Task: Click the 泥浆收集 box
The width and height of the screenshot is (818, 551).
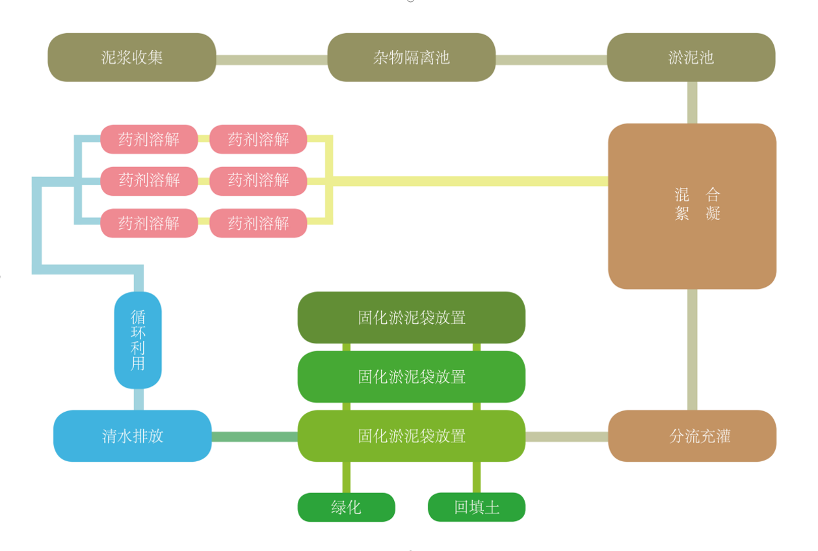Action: pyautogui.click(x=132, y=57)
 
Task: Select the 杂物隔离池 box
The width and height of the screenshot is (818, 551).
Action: pyautogui.click(x=411, y=57)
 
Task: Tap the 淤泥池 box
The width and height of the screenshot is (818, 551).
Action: pyautogui.click(x=691, y=57)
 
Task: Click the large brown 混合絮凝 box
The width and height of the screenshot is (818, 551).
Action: pyautogui.click(x=692, y=206)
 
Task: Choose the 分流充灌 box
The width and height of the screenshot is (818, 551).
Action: pyautogui.click(x=692, y=436)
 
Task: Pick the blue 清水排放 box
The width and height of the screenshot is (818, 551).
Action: pyautogui.click(x=132, y=436)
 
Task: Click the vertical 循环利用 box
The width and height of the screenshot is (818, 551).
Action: pyautogui.click(x=138, y=340)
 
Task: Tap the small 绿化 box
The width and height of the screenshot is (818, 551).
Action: pyautogui.click(x=346, y=507)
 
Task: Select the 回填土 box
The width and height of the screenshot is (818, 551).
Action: pyautogui.click(x=476, y=507)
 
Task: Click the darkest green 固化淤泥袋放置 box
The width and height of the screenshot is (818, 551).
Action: pyautogui.click(x=411, y=317)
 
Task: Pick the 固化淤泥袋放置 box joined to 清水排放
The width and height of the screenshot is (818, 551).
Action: pyautogui.click(x=411, y=436)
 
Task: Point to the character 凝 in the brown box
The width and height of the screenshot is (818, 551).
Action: pyautogui.click(x=713, y=213)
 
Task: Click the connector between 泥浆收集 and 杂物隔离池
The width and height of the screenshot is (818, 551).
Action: pyautogui.click(x=271, y=60)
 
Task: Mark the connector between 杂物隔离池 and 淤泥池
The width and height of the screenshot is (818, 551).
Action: pyautogui.click(x=551, y=60)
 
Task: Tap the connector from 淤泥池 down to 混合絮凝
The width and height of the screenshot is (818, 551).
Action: pyautogui.click(x=692, y=102)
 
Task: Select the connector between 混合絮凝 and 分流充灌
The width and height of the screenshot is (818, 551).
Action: pyautogui.click(x=692, y=349)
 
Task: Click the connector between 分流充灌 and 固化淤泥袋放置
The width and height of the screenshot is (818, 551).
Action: pyautogui.click(x=566, y=437)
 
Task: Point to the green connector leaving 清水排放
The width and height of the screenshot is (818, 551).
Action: pyautogui.click(x=254, y=437)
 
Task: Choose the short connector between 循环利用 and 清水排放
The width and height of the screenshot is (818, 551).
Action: pyautogui.click(x=139, y=399)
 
